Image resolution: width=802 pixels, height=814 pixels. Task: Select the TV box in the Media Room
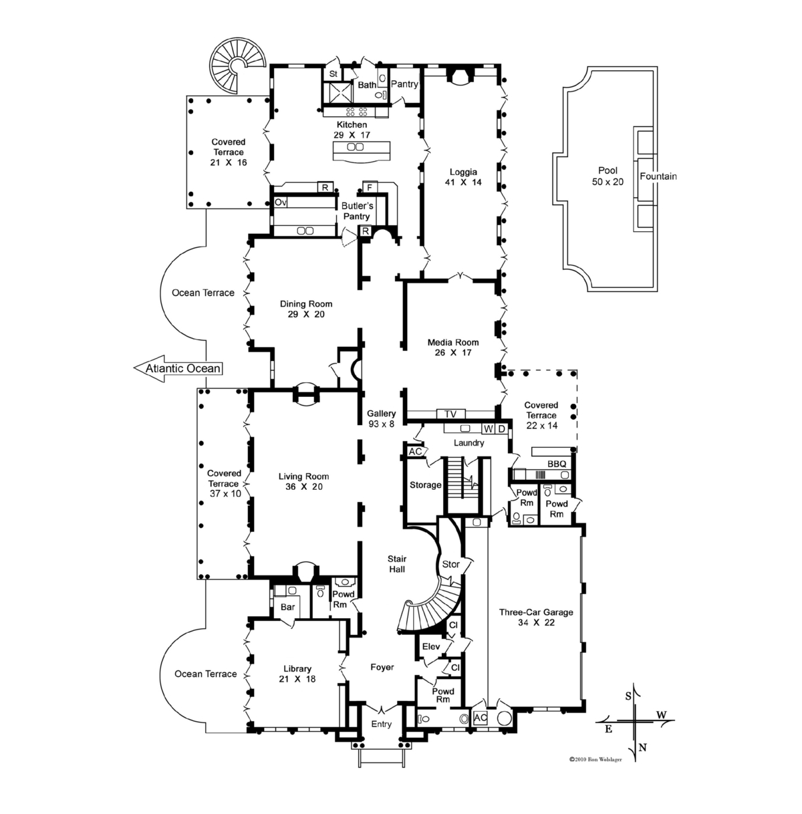click(x=450, y=414)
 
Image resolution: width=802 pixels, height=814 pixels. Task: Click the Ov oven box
click(x=280, y=202)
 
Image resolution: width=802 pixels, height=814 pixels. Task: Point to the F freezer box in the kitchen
click(x=370, y=187)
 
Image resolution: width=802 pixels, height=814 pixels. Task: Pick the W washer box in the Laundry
click(x=489, y=429)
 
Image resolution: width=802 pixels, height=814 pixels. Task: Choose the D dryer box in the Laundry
click(x=501, y=429)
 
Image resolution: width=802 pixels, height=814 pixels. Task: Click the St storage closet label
click(x=333, y=74)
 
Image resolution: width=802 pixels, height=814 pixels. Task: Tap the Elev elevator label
click(x=431, y=647)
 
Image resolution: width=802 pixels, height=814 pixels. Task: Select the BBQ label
click(x=557, y=464)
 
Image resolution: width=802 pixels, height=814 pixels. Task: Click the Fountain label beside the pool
click(x=658, y=176)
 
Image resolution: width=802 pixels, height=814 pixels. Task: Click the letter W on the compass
click(x=662, y=714)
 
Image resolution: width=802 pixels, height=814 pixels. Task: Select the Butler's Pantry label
click(x=357, y=211)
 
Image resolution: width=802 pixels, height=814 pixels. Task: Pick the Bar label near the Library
click(x=288, y=607)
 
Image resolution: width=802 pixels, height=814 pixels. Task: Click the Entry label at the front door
click(x=381, y=724)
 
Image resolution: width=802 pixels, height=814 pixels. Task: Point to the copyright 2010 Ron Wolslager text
click(x=595, y=759)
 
